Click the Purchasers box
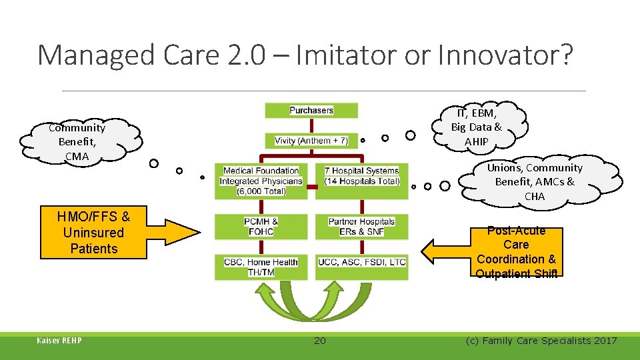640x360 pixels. point(311,111)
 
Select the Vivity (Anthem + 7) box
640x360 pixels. point(311,141)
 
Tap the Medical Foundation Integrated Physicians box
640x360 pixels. point(261,181)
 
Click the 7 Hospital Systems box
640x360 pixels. point(361,176)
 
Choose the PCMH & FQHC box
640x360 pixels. point(261,226)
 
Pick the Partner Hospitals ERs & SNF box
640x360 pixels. point(361,226)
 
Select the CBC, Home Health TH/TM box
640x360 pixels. point(261,267)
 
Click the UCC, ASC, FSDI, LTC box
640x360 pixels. point(361,263)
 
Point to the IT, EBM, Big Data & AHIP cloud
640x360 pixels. point(477,126)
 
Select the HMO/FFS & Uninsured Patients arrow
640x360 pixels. point(107,233)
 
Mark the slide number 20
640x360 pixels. point(320,341)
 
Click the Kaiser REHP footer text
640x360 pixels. point(59,341)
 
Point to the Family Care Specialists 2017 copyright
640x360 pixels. point(541,341)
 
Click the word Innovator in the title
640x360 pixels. point(501,55)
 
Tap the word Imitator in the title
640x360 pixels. point(346,55)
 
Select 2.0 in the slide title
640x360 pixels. point(247,55)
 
